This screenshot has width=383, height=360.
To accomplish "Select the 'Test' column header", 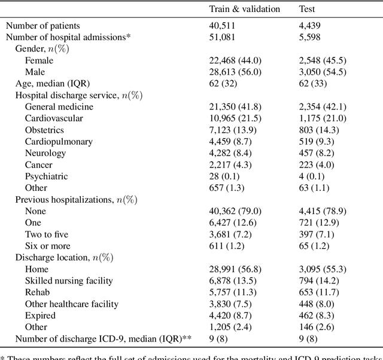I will coord(307,9).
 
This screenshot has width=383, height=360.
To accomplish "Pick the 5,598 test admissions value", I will coord(311,37).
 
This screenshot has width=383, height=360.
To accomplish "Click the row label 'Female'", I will coord(39,60).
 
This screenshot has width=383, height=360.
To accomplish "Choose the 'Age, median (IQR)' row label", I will coord(53,84).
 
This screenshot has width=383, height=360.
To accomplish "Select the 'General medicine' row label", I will coord(59,107).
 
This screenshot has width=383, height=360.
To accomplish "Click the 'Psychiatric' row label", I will coord(46,176).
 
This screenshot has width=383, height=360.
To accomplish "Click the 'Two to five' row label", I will coord(47,234).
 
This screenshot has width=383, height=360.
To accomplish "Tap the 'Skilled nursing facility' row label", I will coord(69,281).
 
